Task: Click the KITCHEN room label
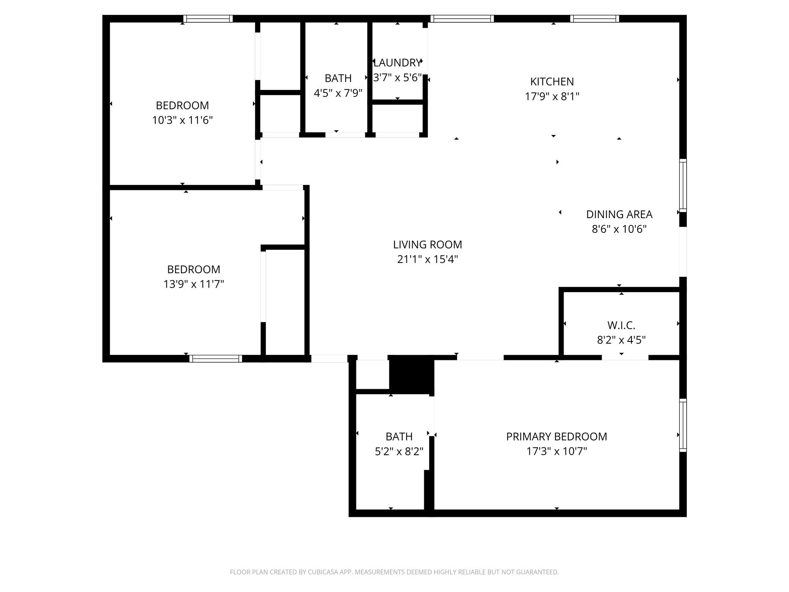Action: click(552, 82)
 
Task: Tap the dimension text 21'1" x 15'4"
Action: click(427, 259)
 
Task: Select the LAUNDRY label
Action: click(397, 63)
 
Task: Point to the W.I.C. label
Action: click(621, 326)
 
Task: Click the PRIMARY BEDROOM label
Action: click(556, 437)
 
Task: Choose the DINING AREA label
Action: click(619, 214)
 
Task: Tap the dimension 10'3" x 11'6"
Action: click(182, 120)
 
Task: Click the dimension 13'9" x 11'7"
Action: click(193, 284)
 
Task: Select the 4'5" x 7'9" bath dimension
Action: click(338, 93)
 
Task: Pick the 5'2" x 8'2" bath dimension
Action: click(399, 451)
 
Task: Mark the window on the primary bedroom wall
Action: click(683, 425)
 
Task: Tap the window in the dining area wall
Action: click(683, 185)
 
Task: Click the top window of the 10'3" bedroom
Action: click(208, 18)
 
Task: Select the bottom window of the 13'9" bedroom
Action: click(215, 358)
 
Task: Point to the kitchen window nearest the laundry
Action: click(462, 18)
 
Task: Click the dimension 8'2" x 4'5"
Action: click(621, 340)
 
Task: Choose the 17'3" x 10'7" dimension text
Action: click(556, 451)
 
